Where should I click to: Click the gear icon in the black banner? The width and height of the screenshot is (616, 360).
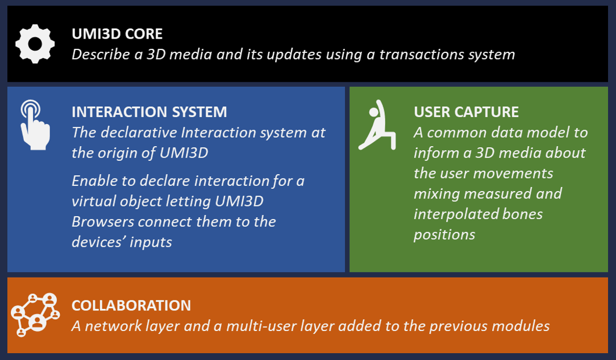click(35, 44)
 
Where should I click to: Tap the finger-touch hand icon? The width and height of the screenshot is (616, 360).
click(35, 125)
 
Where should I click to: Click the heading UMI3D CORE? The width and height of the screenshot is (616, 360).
click(117, 34)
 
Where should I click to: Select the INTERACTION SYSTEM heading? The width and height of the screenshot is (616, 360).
click(149, 112)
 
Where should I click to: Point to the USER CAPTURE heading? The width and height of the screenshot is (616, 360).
click(467, 112)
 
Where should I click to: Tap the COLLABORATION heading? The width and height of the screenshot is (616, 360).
click(131, 305)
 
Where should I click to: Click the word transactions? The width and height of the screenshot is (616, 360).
click(421, 54)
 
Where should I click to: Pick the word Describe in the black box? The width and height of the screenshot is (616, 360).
click(101, 54)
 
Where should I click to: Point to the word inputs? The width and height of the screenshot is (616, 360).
click(151, 242)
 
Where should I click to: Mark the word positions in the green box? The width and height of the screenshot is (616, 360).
click(444, 235)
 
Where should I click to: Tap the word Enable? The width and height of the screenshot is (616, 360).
click(94, 181)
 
